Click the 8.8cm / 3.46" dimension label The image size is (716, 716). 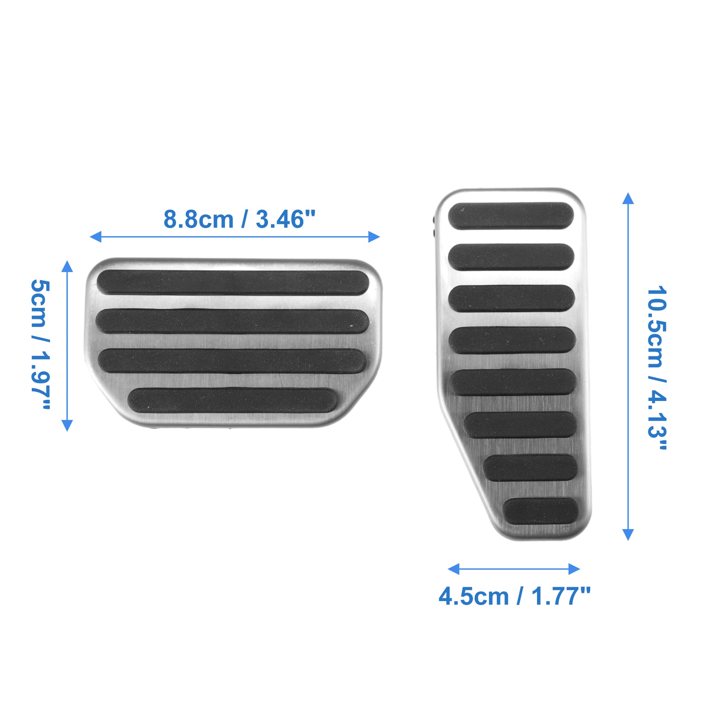(x=239, y=219)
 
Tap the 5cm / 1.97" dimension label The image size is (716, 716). (x=41, y=344)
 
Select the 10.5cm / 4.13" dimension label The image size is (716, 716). (x=657, y=368)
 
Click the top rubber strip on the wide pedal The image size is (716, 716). (x=233, y=282)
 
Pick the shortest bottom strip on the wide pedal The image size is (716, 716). (x=232, y=400)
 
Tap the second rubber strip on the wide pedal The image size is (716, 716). (x=232, y=321)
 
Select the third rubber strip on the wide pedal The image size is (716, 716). (x=232, y=361)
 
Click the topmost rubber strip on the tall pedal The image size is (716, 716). (x=511, y=216)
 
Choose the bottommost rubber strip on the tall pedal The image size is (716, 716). (x=540, y=511)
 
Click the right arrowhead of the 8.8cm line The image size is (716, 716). (x=374, y=237)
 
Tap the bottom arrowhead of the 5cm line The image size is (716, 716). (x=67, y=425)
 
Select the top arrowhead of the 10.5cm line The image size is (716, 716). (x=628, y=198)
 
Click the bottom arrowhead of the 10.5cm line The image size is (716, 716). (x=628, y=535)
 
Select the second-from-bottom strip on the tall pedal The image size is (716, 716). (x=530, y=468)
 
